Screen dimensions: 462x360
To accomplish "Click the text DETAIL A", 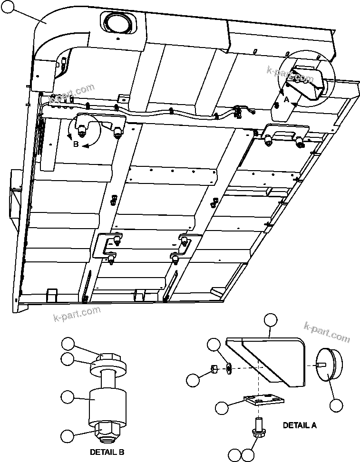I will tap(300, 425).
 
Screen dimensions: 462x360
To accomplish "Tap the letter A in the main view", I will tap(286, 100).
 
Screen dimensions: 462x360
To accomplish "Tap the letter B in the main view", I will tap(76, 144).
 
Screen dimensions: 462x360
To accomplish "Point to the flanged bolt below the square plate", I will tap(258, 428).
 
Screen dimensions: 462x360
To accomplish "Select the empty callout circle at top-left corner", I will tap(7, 6).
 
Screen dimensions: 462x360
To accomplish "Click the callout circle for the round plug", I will tap(336, 405).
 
